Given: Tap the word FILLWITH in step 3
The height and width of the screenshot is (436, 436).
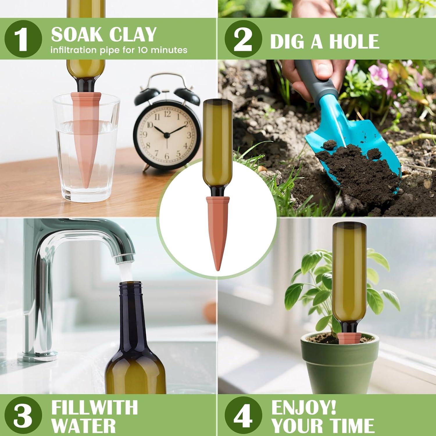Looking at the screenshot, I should [x=94, y=407].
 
